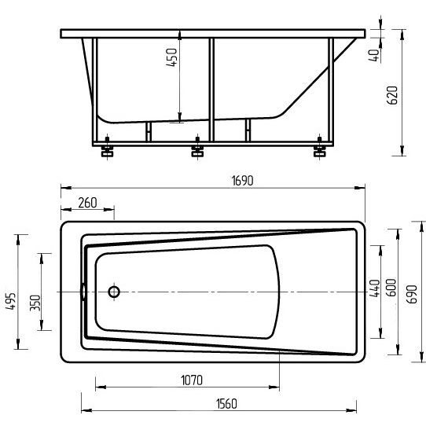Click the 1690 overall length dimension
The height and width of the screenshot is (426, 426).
coord(242,181)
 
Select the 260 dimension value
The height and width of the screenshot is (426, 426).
coord(87,203)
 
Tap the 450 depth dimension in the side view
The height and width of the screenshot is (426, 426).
coord(171,57)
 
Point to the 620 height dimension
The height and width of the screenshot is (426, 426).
coord(392,95)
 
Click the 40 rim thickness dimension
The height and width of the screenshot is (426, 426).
coord(375,55)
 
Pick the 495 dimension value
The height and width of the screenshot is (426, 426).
coord(11,301)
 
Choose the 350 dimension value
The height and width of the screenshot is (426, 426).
coord(35,303)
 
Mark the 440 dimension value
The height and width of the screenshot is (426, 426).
coord(374,288)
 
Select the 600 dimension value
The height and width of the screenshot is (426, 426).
coord(391,288)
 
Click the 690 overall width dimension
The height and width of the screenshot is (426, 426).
coord(412,294)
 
